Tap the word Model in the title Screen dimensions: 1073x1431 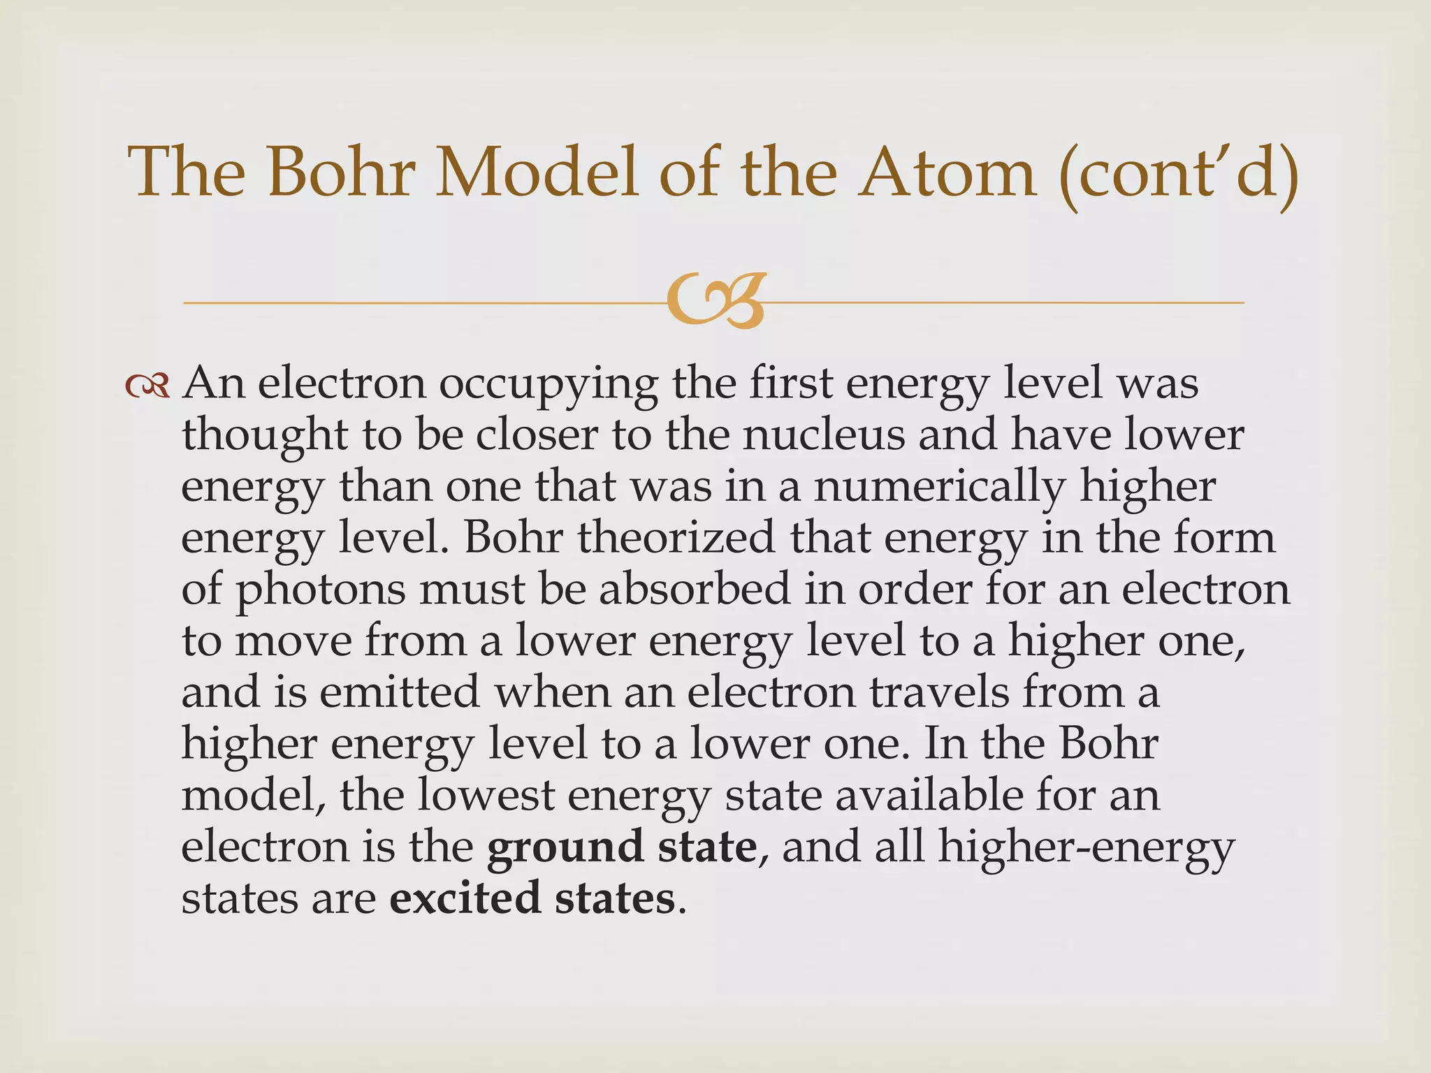[x=537, y=173]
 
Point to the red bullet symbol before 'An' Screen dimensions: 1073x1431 [x=147, y=386]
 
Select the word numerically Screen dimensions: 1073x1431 [x=940, y=488]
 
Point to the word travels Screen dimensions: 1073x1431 [x=939, y=692]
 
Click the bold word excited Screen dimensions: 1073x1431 [x=465, y=898]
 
